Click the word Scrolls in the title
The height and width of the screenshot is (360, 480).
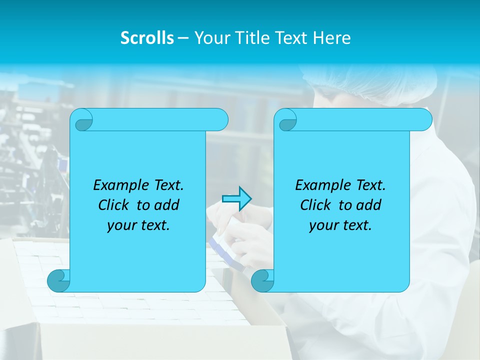(147, 38)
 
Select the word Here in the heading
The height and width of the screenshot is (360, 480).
(332, 38)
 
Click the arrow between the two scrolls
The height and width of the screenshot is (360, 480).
(236, 199)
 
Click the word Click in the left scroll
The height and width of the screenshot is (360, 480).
(114, 205)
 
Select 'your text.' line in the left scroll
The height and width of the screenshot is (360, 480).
(138, 225)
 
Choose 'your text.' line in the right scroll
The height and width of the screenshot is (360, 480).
(340, 225)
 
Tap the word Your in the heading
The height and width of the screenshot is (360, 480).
(210, 38)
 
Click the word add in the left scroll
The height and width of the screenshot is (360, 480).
(166, 205)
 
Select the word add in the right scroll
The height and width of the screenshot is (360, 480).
(368, 205)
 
